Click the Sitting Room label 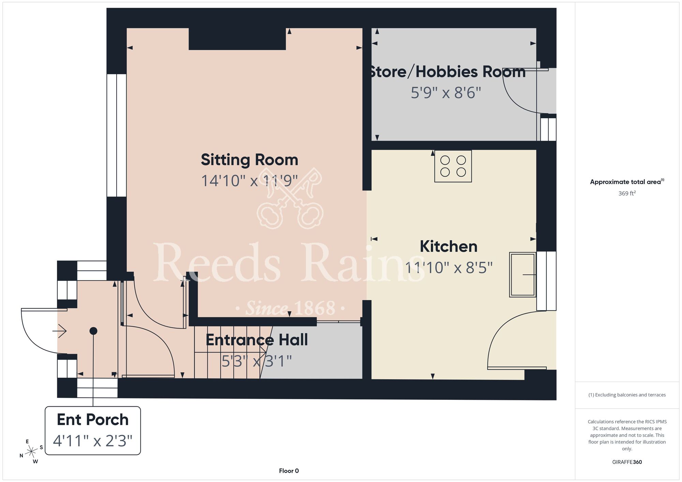249,160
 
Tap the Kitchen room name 448,246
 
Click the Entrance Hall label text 257,340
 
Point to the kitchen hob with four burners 453,166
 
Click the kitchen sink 522,274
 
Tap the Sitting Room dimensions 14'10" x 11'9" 249,181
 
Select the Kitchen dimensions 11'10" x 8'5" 448,268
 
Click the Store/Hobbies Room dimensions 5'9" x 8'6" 446,93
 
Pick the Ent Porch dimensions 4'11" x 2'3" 92,440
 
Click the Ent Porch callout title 92,420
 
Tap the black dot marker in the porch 93,331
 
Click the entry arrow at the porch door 59,331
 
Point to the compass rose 31,451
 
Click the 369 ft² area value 627,193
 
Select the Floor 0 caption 289,471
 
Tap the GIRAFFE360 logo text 627,462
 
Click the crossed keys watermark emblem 290,198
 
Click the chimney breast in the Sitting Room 237,39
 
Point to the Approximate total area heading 627,182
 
